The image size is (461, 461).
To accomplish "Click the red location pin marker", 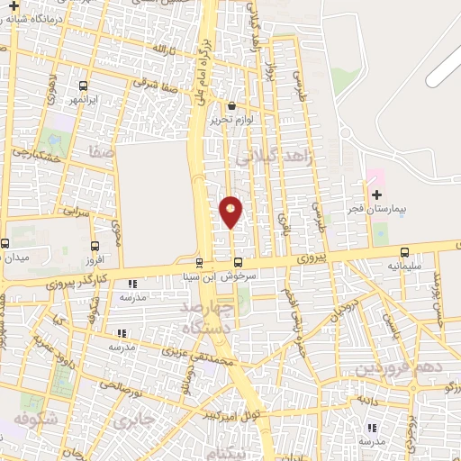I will tap(230, 211).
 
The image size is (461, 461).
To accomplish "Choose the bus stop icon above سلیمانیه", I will tap(403, 253).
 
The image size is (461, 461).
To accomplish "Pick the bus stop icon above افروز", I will tap(95, 245).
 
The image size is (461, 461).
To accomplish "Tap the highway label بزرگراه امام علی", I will tap(199, 63).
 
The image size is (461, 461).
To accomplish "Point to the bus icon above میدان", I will tap(5, 243).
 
